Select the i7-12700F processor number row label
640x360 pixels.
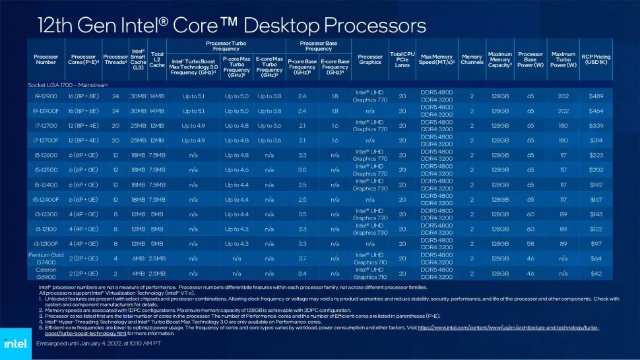tap(46, 140)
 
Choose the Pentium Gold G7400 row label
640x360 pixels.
tap(46, 258)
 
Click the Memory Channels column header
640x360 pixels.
tap(472, 59)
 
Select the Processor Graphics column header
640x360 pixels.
tap(369, 59)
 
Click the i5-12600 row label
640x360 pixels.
tap(46, 155)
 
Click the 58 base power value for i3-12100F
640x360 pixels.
tap(530, 243)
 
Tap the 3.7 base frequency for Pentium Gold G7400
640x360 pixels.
tap(302, 258)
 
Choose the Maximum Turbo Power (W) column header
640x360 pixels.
tap(563, 59)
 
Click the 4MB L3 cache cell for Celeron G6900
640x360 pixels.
tap(138, 273)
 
